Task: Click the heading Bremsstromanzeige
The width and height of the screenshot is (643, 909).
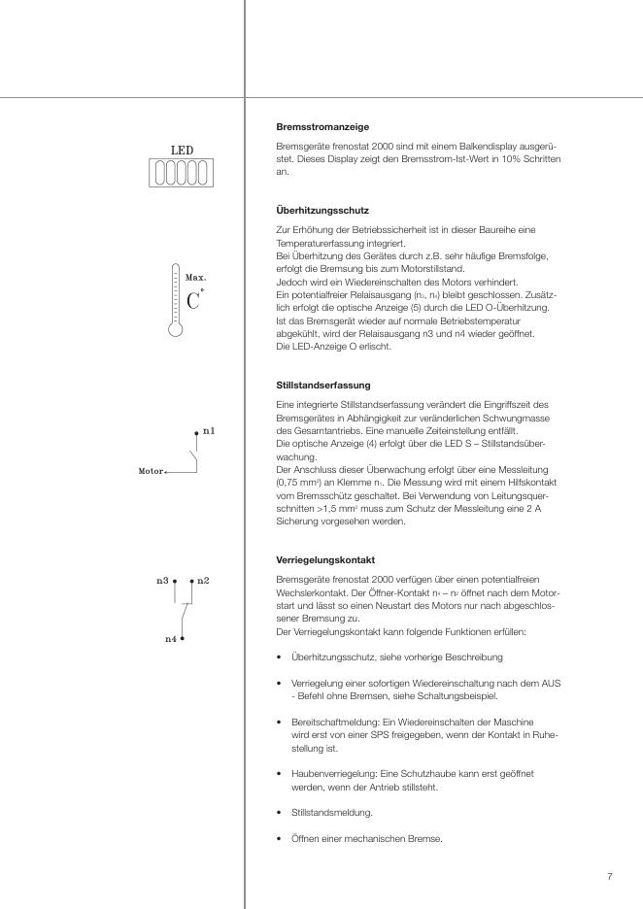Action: [x=322, y=127]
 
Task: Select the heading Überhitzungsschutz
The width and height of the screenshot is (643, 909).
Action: [x=322, y=210]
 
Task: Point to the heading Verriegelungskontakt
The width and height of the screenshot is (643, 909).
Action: [x=324, y=559]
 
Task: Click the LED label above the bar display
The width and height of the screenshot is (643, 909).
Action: [x=183, y=151]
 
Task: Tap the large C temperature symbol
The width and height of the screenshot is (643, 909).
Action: [x=193, y=299]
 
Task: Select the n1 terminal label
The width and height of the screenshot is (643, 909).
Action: [x=209, y=429]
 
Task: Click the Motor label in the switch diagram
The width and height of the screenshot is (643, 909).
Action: [x=151, y=470]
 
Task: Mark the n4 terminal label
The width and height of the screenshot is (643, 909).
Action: [x=170, y=640]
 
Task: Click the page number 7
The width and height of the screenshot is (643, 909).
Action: [x=609, y=877]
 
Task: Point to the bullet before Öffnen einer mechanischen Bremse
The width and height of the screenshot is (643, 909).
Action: [x=280, y=839]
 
